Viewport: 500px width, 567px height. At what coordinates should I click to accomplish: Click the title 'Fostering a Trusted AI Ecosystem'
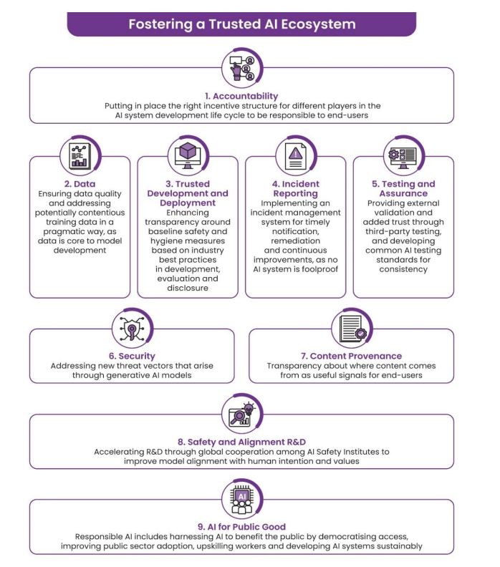pos(242,24)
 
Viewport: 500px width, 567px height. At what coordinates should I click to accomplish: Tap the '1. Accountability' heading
pos(241,96)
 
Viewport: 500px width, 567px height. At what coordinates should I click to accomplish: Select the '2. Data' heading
pos(80,184)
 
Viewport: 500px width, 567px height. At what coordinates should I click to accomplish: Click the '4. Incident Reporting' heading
pos(296,188)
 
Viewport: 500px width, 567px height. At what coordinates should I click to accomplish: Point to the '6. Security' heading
pos(132,357)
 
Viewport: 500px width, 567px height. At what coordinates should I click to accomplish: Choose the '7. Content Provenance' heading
pos(351,357)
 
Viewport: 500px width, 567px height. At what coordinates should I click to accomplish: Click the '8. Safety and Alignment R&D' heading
pos(241,442)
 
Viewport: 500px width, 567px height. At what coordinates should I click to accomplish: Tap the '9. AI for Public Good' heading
pos(241,527)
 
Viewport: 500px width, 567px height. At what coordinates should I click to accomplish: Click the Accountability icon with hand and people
pos(242,68)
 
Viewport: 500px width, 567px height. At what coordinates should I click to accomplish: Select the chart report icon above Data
pos(80,156)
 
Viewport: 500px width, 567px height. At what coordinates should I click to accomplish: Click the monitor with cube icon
pos(188,155)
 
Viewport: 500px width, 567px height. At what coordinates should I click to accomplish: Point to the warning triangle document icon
pos(296,156)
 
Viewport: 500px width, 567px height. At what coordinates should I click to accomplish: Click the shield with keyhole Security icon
pos(132,329)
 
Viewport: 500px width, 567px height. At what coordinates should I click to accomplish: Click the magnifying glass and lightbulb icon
pos(242,414)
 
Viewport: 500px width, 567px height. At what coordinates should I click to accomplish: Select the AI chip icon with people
pos(242,500)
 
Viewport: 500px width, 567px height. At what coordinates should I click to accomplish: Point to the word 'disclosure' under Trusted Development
pos(188,289)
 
